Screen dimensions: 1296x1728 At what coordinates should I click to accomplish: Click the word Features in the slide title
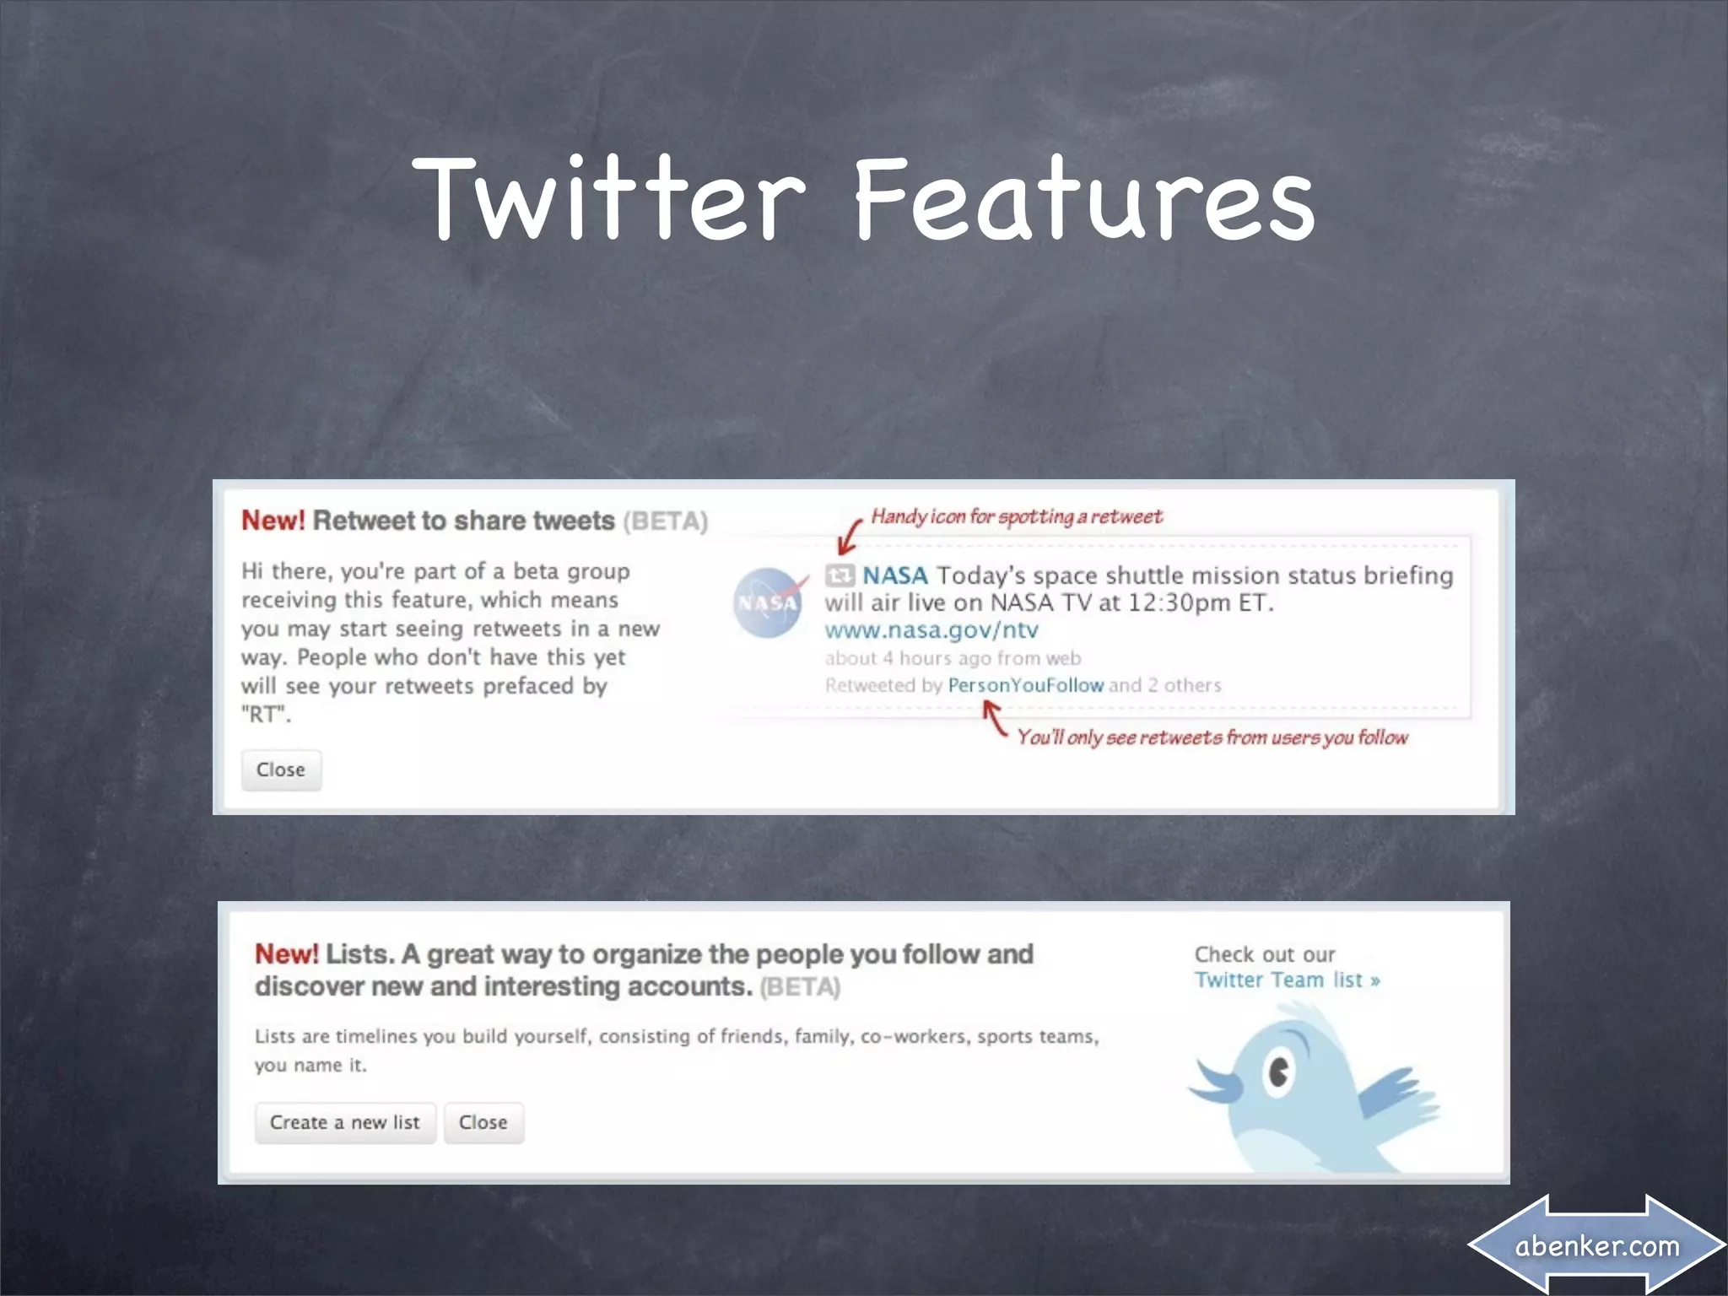(x=1084, y=200)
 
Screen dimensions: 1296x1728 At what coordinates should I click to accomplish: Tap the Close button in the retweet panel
(x=281, y=769)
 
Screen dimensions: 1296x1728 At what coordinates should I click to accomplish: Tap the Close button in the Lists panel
(x=483, y=1122)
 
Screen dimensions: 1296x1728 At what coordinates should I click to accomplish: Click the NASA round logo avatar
(x=767, y=602)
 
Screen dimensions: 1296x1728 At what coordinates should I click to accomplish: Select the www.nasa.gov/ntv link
(x=931, y=630)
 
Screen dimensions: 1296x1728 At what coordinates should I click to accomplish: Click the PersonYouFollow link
(x=1025, y=685)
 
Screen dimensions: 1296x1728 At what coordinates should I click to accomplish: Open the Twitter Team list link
(x=1287, y=980)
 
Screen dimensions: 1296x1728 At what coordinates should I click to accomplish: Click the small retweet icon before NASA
(x=840, y=575)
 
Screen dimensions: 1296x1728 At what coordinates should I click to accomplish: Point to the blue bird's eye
(x=1279, y=1072)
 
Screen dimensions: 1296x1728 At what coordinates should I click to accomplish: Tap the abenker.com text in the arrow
(x=1596, y=1245)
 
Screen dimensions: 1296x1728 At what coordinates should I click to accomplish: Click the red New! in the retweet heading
(x=273, y=521)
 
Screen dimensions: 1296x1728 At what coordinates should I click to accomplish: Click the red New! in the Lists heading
(x=287, y=954)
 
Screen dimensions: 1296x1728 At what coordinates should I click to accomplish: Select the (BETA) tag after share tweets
(x=665, y=521)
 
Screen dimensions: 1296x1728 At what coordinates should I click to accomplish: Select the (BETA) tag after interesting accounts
(x=800, y=987)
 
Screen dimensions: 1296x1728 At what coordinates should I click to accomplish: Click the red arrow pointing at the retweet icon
(x=850, y=537)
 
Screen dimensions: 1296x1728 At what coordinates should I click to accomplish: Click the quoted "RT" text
(x=266, y=715)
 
